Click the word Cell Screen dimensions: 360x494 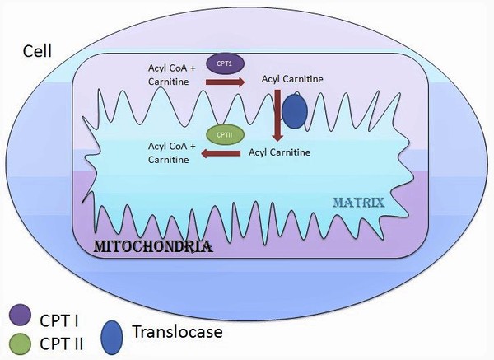click(x=37, y=52)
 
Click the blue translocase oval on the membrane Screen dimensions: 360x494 click(x=294, y=110)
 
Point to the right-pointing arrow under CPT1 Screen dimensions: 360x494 click(x=224, y=83)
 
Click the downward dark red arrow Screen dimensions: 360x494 click(x=278, y=115)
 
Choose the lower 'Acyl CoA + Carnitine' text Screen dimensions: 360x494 click(x=171, y=152)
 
